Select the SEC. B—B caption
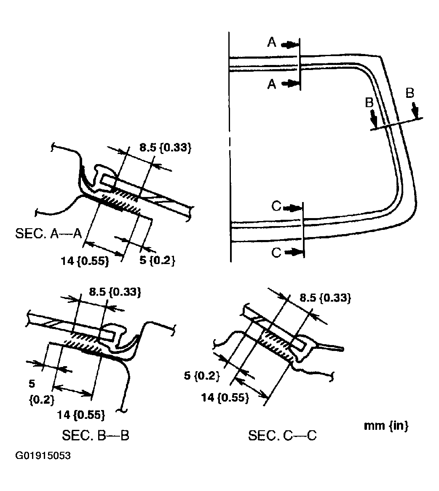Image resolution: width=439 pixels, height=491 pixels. click(95, 435)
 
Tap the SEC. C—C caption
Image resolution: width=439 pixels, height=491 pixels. click(282, 435)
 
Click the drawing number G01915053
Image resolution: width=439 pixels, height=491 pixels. click(43, 456)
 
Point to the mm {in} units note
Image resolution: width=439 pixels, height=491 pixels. click(386, 426)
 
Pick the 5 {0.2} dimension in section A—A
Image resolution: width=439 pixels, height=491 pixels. click(157, 261)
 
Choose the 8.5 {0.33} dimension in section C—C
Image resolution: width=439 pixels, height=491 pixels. click(325, 298)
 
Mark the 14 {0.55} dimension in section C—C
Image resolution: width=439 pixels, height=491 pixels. click(225, 397)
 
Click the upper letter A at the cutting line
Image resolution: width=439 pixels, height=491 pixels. click(272, 42)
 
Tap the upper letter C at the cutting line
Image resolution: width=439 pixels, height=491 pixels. click(276, 206)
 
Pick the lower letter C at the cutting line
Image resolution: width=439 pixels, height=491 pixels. click(276, 252)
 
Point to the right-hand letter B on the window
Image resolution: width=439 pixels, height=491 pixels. click(410, 93)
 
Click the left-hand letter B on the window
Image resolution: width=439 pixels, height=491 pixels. click(369, 103)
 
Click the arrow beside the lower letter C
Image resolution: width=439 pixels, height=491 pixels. click(294, 252)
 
